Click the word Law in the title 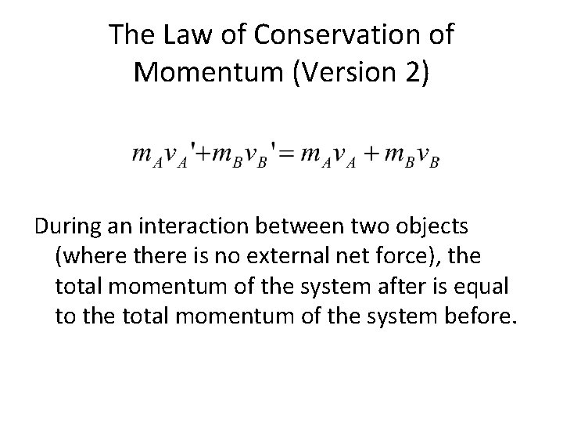click(181, 35)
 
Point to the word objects click(434, 227)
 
